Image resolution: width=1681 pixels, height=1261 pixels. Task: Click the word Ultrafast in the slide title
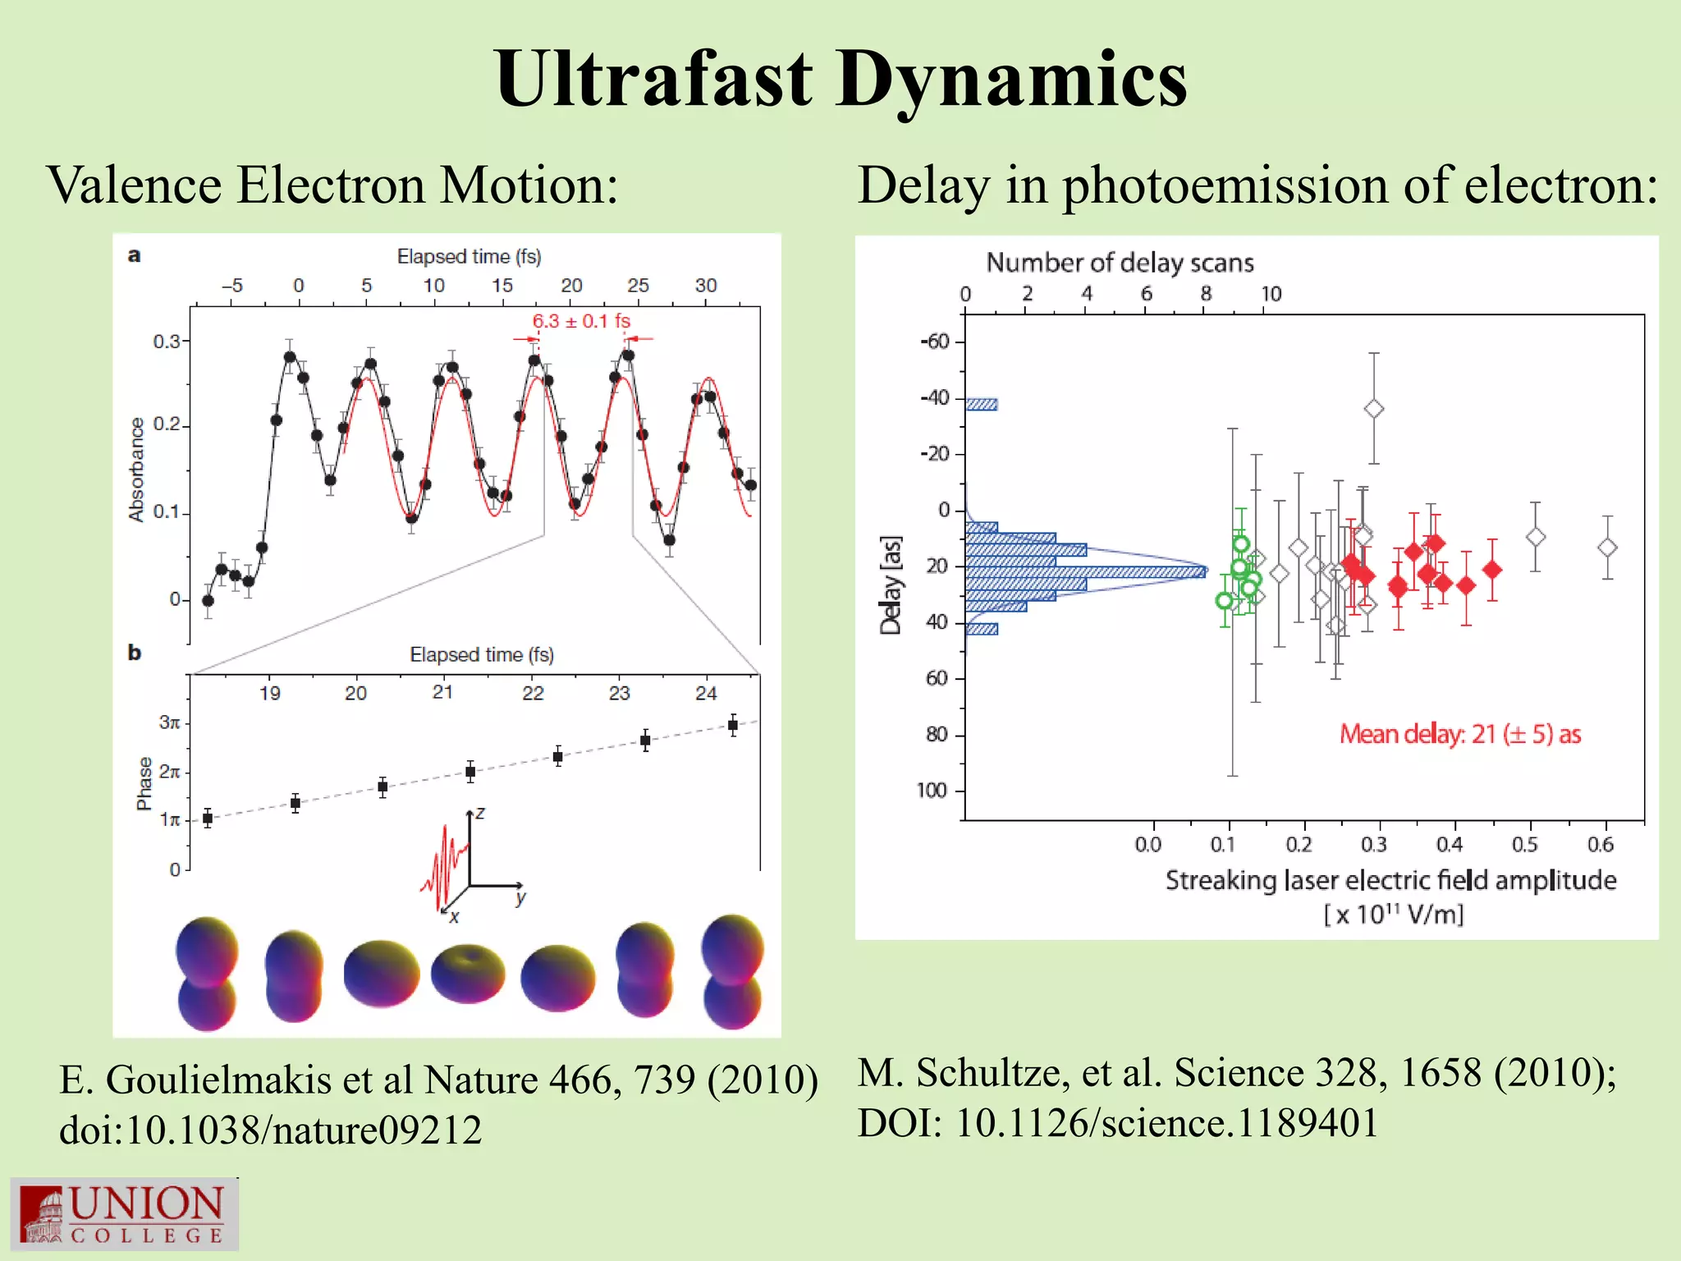(x=654, y=80)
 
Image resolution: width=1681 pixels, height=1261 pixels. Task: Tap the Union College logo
(x=124, y=1214)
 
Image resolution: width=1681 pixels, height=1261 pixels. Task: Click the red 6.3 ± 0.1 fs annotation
(x=581, y=321)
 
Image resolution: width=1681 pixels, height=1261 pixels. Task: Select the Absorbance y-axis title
(x=136, y=469)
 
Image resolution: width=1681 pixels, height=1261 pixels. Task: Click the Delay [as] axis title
(x=891, y=585)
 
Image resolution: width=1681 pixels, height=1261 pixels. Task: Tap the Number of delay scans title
(x=1120, y=263)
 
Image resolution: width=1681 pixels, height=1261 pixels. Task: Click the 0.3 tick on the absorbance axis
(x=167, y=341)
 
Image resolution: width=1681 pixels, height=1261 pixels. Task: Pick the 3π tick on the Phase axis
(x=169, y=722)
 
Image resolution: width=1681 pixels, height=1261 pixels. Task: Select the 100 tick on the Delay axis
(x=932, y=790)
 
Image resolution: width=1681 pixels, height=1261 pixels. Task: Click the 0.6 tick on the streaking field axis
(x=1600, y=844)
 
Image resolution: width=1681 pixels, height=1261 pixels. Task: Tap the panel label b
(x=135, y=653)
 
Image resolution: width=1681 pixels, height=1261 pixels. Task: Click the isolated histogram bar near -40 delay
(x=982, y=404)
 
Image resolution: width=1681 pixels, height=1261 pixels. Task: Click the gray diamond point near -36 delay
(x=1374, y=408)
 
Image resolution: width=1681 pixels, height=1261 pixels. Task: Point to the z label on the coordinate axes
(x=480, y=814)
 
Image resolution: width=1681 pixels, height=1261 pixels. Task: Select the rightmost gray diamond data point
(x=1607, y=548)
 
